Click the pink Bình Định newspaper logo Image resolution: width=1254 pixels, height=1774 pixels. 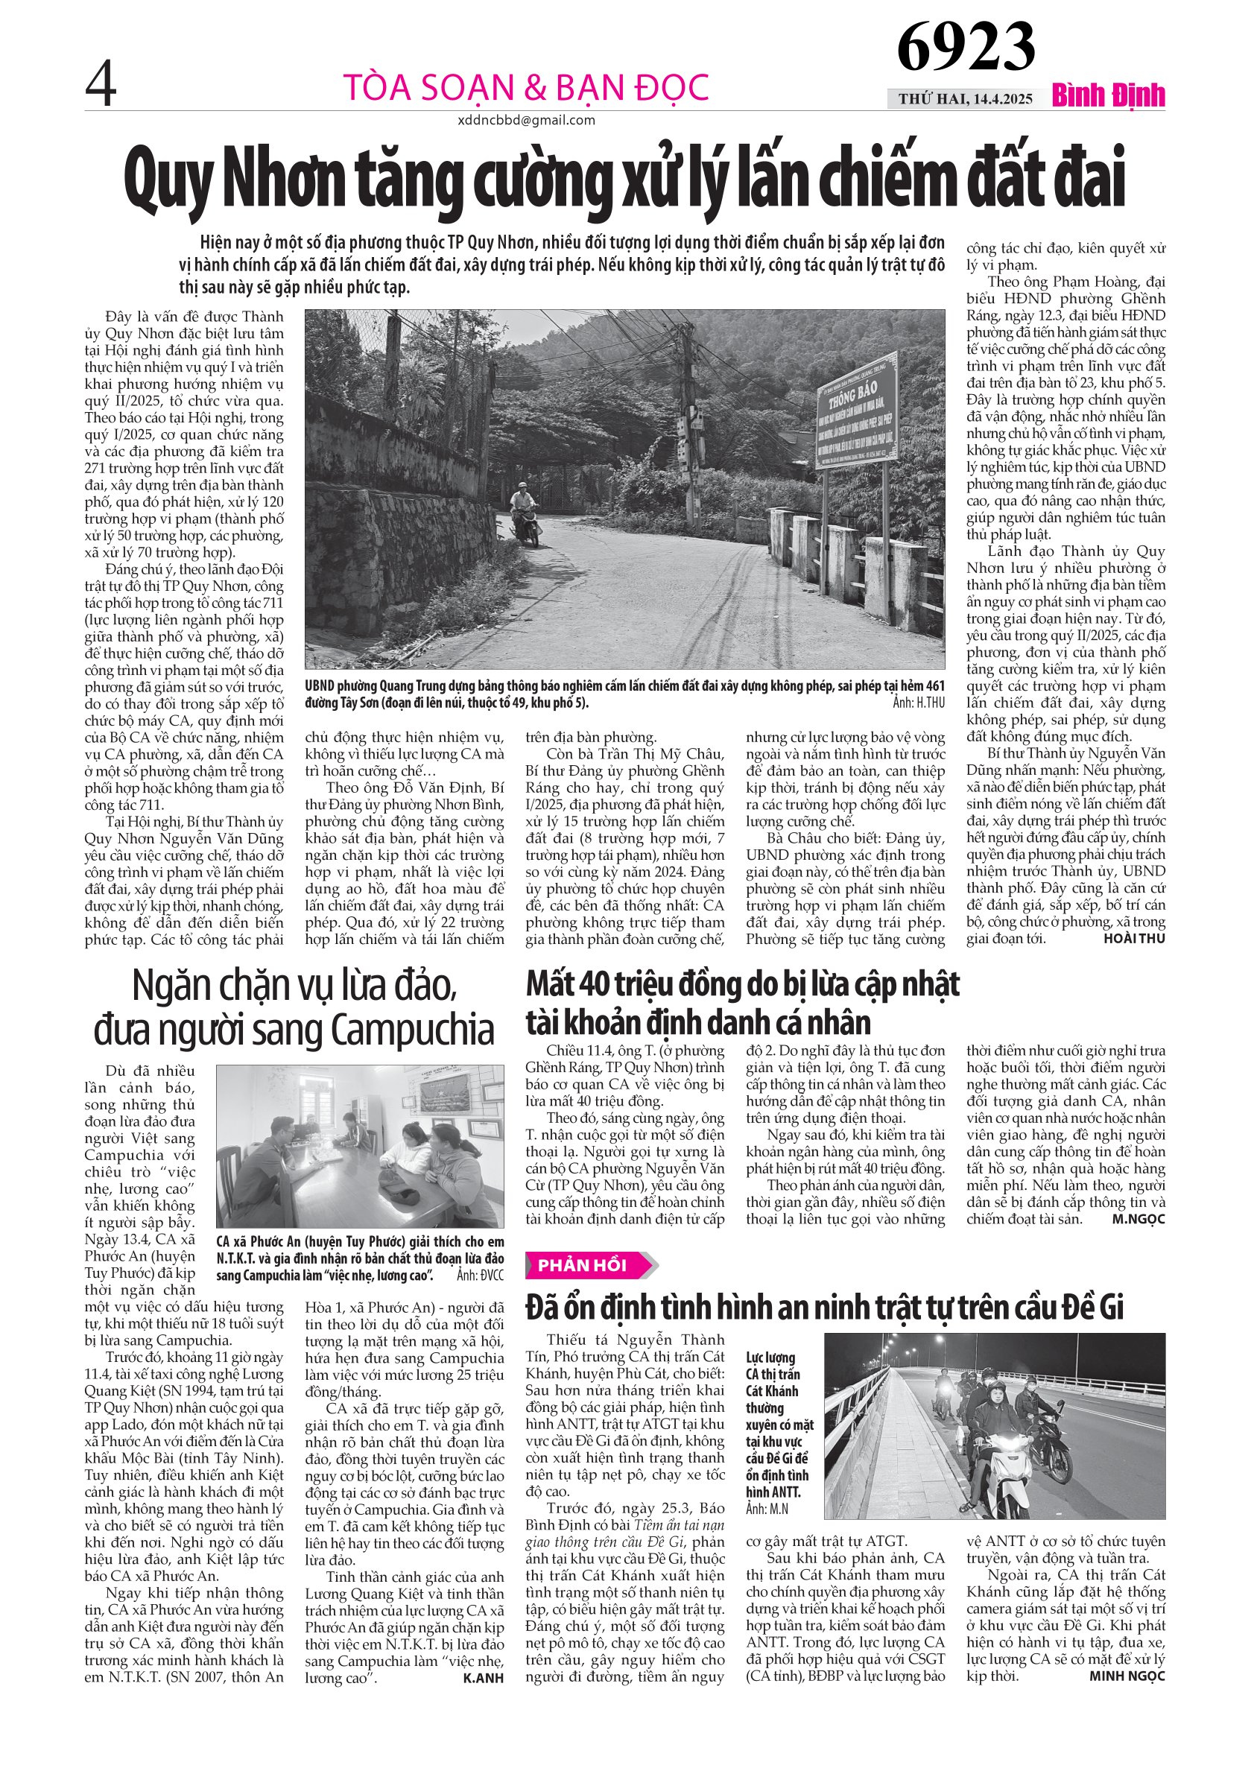1108,97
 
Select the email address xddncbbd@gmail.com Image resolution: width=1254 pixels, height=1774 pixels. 525,121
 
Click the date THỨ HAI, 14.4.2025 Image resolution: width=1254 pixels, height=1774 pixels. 965,99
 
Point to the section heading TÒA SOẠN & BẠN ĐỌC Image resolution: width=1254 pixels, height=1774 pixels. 525,87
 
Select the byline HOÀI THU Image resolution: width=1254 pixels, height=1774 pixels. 1134,939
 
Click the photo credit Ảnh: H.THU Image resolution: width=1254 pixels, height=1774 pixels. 919,703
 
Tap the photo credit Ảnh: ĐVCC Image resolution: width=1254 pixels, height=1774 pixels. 480,1276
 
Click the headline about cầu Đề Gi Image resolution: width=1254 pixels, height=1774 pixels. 824,1308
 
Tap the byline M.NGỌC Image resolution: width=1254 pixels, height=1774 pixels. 1138,1219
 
